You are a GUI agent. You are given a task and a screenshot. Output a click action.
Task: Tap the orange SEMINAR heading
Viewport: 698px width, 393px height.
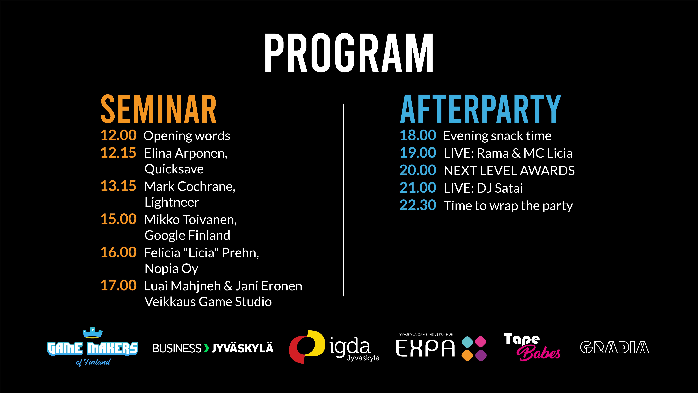click(x=159, y=109)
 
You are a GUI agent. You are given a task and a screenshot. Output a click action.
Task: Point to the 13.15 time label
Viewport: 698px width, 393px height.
click(x=118, y=186)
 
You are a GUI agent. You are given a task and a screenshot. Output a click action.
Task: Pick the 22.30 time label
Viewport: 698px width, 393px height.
click(x=418, y=205)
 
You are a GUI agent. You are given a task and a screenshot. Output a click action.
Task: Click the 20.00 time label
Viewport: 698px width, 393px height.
click(x=418, y=170)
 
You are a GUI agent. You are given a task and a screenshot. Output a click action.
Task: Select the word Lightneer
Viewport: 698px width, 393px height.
click(x=172, y=202)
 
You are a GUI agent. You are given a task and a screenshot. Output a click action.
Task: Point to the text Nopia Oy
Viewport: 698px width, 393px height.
click(x=171, y=269)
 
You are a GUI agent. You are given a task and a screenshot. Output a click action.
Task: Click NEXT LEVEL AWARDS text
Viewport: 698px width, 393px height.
click(x=509, y=171)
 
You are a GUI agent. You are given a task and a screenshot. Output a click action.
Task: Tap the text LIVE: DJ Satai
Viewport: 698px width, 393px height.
click(x=483, y=188)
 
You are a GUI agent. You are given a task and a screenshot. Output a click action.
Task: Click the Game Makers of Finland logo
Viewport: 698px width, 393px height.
click(x=92, y=347)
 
